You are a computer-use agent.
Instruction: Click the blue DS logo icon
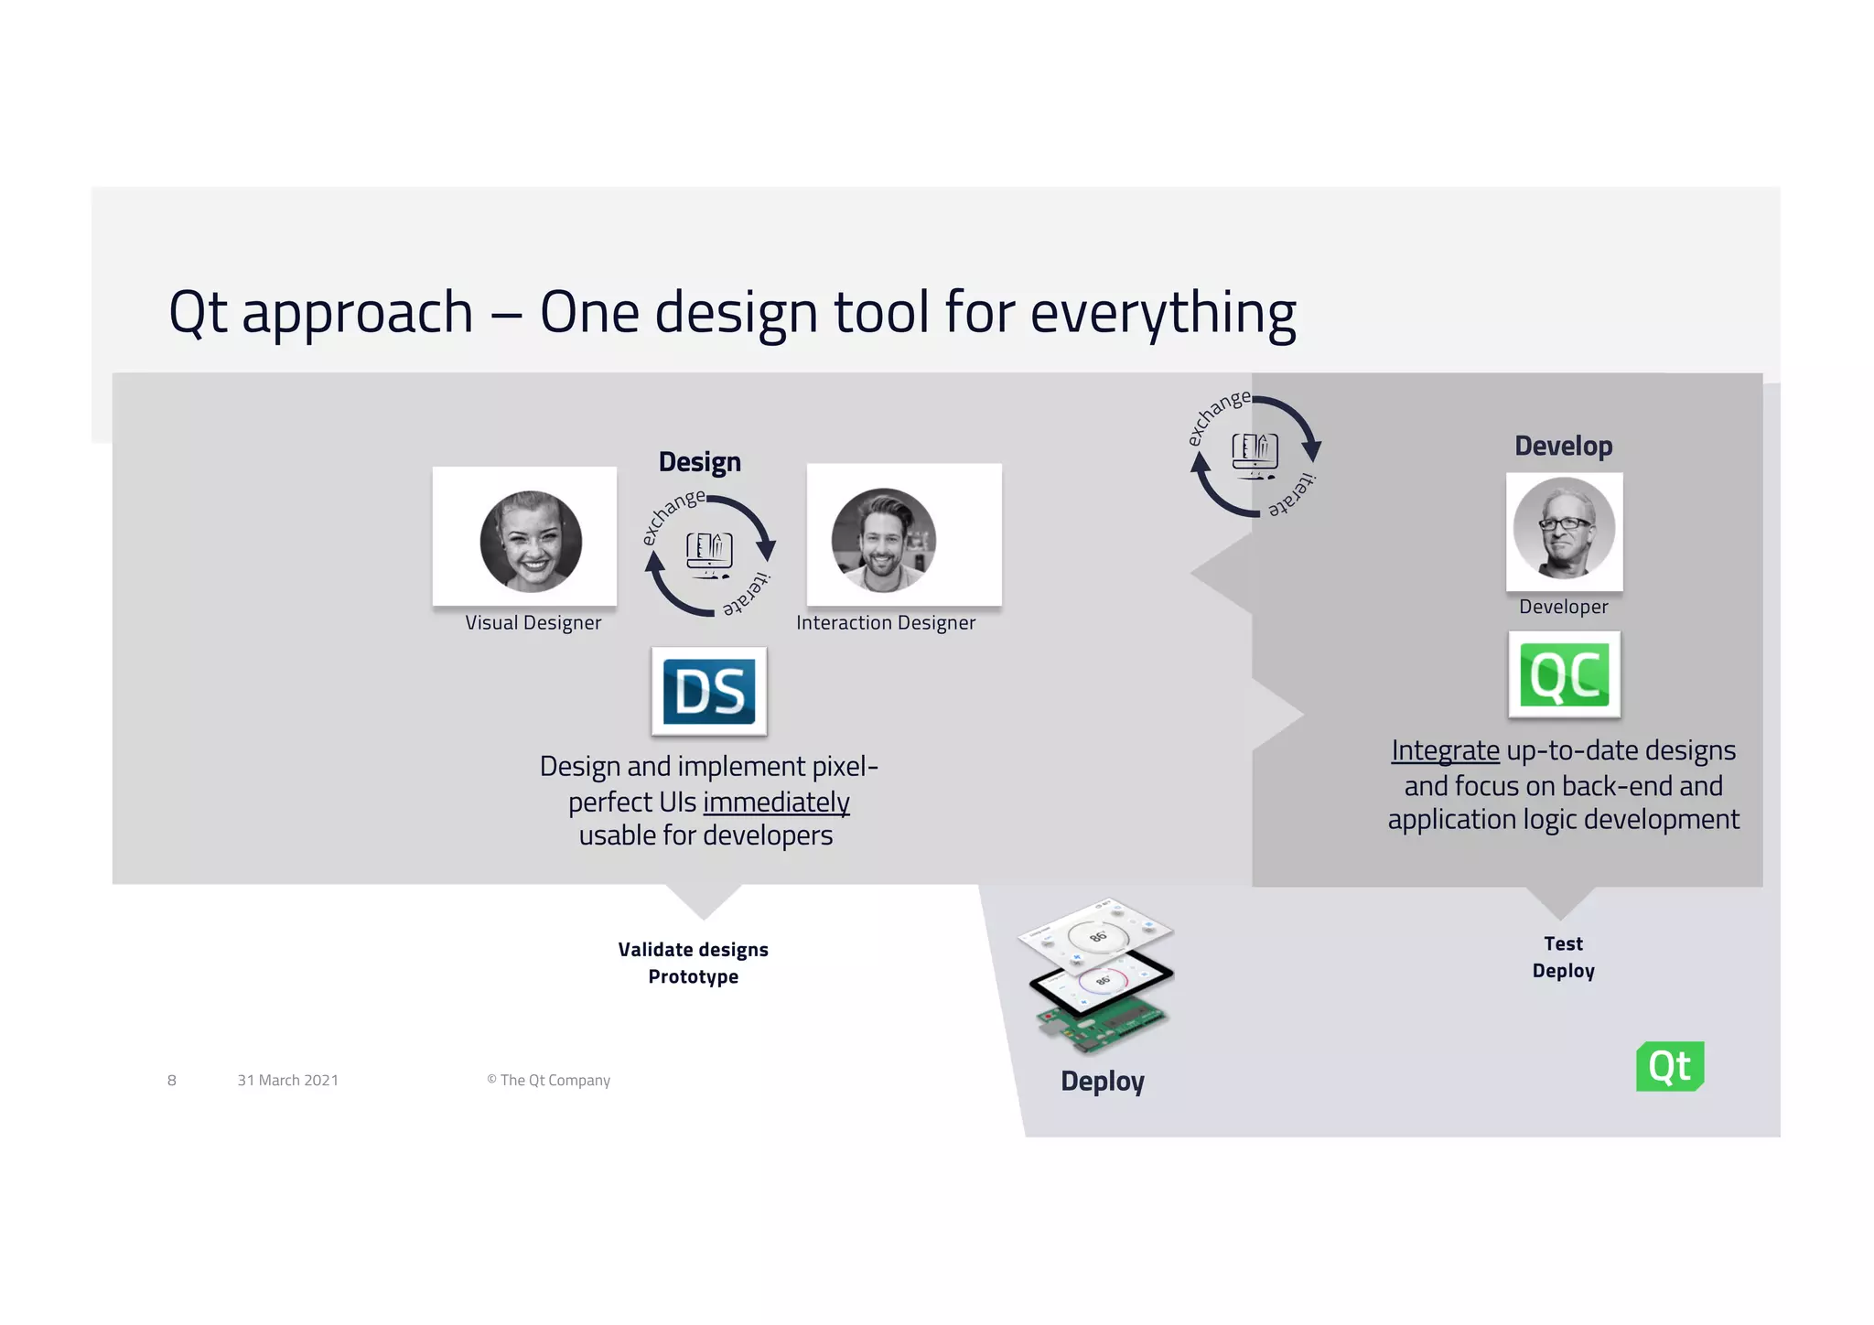pos(709,691)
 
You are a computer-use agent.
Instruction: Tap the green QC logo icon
pos(1564,675)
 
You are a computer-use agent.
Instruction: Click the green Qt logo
pos(1670,1066)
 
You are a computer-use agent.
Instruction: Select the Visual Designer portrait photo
pos(531,541)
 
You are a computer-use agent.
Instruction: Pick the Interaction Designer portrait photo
pos(883,540)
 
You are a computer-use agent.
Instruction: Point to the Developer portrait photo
pos(1564,529)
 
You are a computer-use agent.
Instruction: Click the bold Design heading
pos(700,462)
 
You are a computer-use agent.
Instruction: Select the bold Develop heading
pos(1563,447)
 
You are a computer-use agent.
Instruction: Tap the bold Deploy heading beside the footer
pos(1103,1082)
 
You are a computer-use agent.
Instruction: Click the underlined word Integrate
pos(1445,750)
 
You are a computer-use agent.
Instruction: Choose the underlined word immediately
pos(776,803)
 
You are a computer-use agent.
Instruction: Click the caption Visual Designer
pos(533,623)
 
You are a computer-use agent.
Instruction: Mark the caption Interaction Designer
pos(886,623)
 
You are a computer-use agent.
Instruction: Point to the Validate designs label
pos(693,950)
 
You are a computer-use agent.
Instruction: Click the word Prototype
pos(693,977)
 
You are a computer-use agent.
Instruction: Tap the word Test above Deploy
pos(1563,943)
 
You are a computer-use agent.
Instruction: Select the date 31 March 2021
pos(287,1081)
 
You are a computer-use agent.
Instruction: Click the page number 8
pos(172,1081)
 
